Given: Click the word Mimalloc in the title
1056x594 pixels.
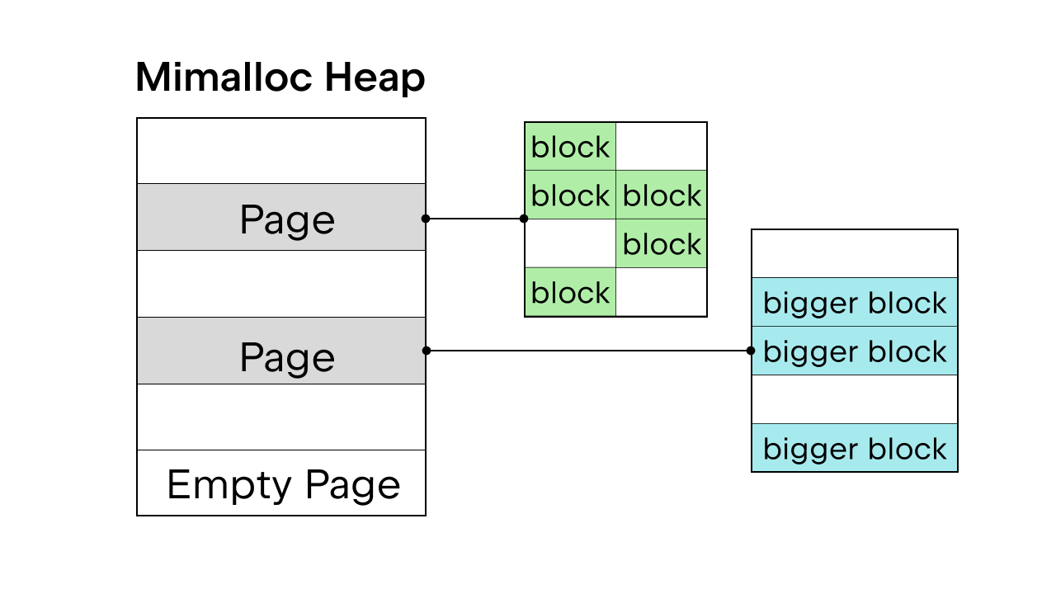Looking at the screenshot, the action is tap(224, 77).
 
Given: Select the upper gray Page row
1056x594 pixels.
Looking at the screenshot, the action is tap(281, 217).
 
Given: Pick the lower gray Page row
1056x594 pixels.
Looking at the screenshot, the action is tap(281, 351).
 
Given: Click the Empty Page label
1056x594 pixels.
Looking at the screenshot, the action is tap(284, 484).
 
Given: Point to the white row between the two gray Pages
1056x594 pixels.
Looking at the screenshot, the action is tap(281, 284).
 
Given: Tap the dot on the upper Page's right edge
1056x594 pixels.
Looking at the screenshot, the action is tap(426, 219).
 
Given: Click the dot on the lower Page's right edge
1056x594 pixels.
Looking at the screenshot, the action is tap(427, 351).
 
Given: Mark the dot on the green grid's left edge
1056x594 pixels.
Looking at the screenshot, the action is tap(524, 219).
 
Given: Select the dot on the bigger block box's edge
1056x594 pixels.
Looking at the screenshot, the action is tap(751, 351).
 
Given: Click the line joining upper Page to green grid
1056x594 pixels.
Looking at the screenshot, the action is tap(474, 219).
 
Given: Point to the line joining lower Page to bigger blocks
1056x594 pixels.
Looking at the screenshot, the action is tap(588, 351).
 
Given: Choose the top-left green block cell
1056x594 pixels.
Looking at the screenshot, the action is tap(570, 146).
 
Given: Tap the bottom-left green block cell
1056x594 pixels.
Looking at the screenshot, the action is tap(570, 292).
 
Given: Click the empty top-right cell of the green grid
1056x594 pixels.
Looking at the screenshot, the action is tap(662, 146).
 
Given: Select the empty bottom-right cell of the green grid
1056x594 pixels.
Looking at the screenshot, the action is tap(662, 292).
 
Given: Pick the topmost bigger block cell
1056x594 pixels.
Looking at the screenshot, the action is tap(855, 302).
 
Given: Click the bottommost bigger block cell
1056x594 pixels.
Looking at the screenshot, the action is tap(855, 447).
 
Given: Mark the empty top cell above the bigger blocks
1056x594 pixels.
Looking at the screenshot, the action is tap(855, 253).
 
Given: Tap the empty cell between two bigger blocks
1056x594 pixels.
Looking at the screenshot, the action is tap(855, 399).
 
